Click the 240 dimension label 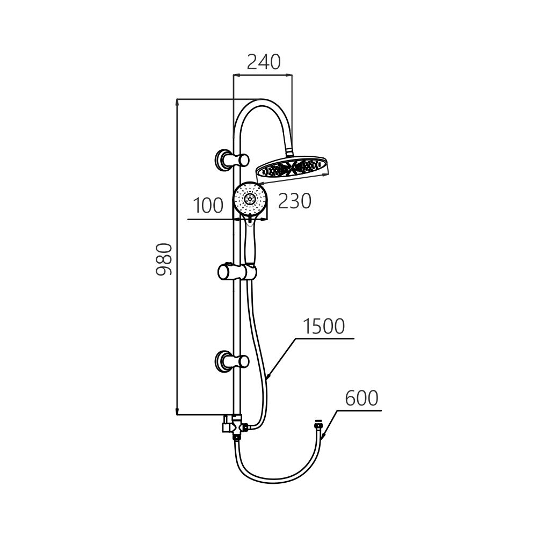coord(263,62)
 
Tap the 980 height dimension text coord(164,259)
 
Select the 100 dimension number coord(208,206)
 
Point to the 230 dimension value coord(295,201)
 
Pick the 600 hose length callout coord(361,398)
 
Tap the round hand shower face coord(249,199)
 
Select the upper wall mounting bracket coord(231,159)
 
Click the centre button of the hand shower coord(249,199)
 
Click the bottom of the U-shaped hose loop coord(274,482)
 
